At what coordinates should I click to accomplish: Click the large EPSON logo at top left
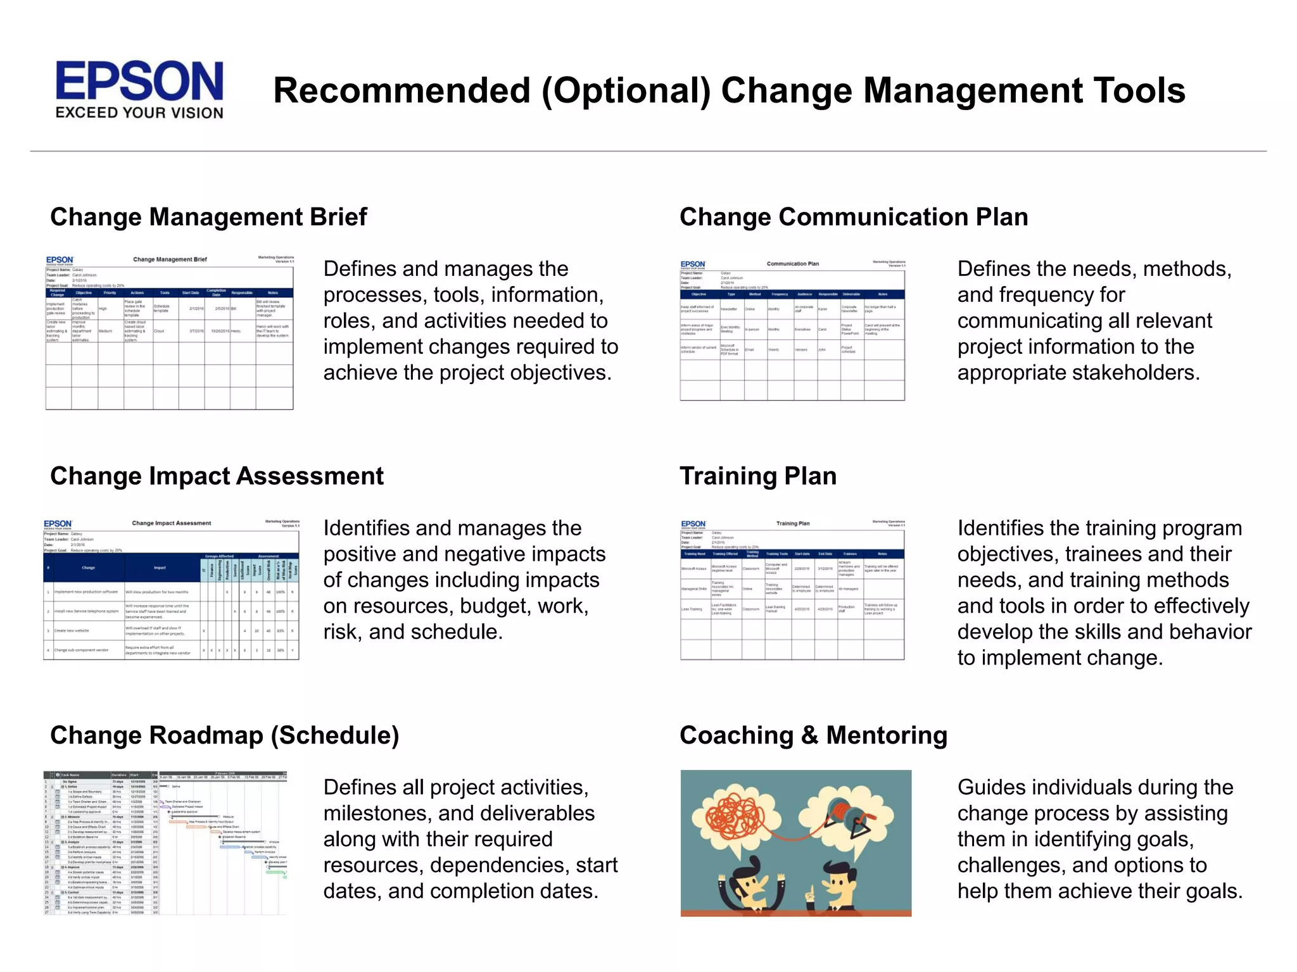[x=139, y=81]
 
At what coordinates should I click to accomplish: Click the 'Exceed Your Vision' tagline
[x=139, y=113]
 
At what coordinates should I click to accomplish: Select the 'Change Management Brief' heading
[x=208, y=217]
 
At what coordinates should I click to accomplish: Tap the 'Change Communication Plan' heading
[x=853, y=217]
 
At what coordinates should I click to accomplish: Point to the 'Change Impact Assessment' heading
[x=217, y=476]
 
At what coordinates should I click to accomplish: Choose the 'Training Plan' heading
[x=757, y=476]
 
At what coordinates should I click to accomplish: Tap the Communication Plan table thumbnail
[x=792, y=330]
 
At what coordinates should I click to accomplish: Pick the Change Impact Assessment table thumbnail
[x=171, y=589]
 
